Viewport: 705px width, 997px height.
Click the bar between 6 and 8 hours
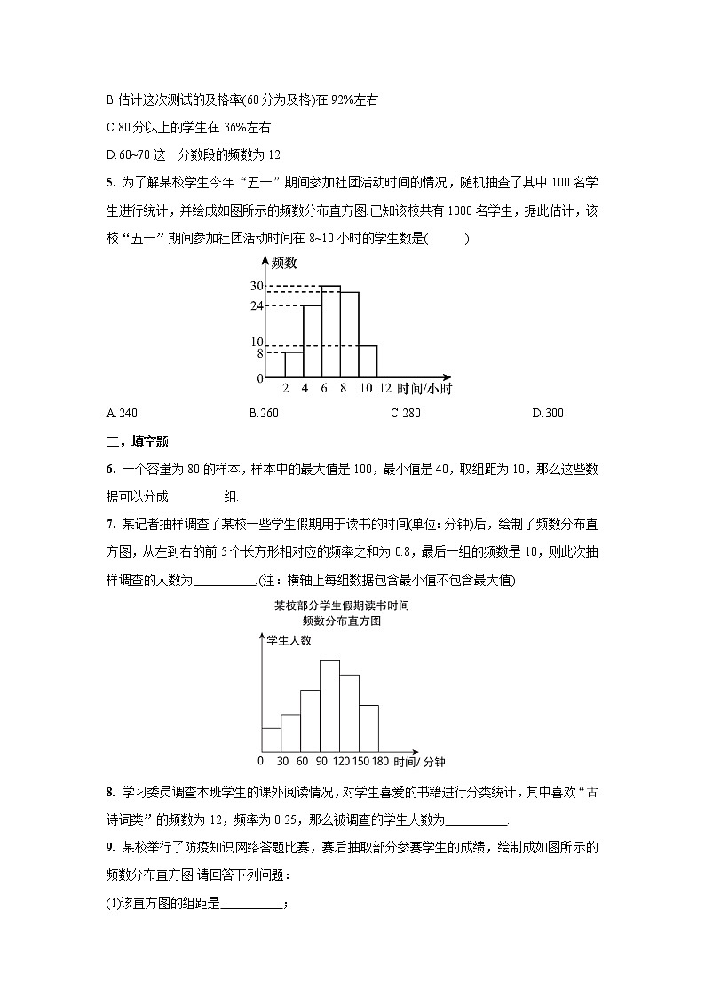click(330, 332)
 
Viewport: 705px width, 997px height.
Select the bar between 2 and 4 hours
click(294, 365)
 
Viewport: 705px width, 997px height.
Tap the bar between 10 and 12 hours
click(368, 361)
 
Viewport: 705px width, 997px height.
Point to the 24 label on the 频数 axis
click(257, 305)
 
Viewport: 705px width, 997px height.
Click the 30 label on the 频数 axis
click(257, 286)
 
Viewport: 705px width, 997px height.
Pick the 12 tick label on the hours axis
click(384, 389)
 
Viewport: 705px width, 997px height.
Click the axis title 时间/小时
click(425, 389)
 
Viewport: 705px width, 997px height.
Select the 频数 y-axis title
click(284, 263)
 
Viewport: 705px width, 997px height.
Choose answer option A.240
click(122, 413)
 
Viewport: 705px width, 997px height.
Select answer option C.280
click(406, 413)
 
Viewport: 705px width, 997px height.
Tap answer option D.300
click(547, 413)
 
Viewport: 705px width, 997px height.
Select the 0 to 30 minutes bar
click(271, 740)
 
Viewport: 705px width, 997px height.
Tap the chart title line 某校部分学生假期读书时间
click(341, 605)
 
